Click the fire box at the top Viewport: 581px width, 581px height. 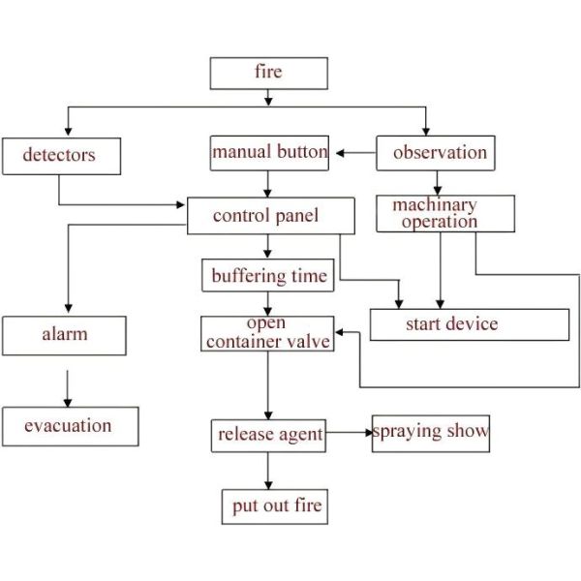coord(268,74)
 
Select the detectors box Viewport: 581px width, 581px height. coord(61,156)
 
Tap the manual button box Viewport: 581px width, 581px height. coord(269,153)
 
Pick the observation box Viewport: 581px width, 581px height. coord(435,153)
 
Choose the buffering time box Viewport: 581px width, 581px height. coord(268,276)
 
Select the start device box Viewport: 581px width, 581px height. coord(470,324)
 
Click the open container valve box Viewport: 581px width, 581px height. coord(267,333)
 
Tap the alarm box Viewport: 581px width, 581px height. coord(64,335)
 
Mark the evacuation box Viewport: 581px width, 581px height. coord(70,426)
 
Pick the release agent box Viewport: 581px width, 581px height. coord(268,435)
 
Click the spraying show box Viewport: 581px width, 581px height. coord(431,433)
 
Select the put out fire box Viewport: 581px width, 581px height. coord(274,505)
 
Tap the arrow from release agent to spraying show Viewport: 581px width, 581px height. coord(349,433)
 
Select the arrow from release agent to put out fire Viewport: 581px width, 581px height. coord(268,470)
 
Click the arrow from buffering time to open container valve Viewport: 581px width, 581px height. coord(268,304)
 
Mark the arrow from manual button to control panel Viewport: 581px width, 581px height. coord(268,184)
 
